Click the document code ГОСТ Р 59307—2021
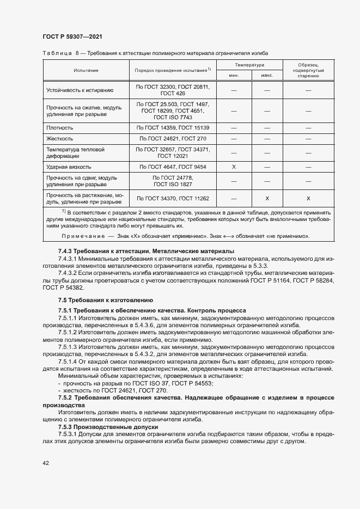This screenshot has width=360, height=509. click(72, 36)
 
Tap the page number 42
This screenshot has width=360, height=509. click(46, 463)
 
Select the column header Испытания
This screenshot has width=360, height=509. click(86, 70)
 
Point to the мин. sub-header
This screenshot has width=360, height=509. click(234, 76)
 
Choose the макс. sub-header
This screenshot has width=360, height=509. click(267, 76)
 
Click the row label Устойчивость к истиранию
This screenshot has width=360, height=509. click(80, 90)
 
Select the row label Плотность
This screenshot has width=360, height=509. click(60, 127)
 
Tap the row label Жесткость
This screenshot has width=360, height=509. click(59, 139)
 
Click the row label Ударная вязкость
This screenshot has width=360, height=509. click(69, 167)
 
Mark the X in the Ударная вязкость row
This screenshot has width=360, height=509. click(234, 167)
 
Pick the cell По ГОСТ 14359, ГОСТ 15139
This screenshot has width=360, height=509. click(173, 127)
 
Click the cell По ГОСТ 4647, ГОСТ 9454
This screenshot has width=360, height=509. click(173, 167)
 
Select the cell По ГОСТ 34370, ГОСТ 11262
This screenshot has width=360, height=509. click(173, 199)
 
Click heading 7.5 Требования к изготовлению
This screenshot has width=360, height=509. click(105, 300)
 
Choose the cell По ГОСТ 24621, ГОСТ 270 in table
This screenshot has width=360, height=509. click(173, 139)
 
